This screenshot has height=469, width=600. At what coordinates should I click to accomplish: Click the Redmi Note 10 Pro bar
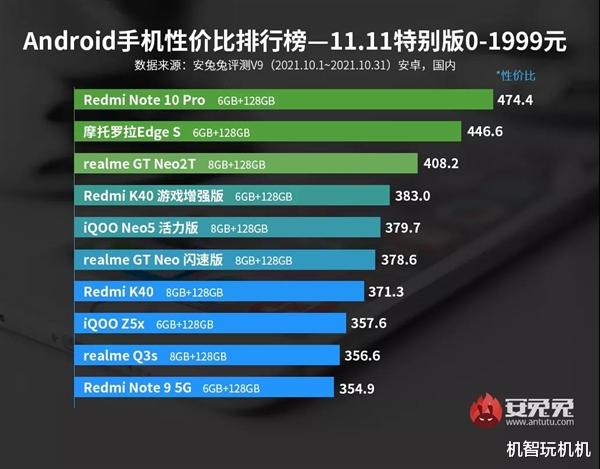[x=284, y=100]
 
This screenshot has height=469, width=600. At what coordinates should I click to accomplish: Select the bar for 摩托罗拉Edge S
[x=268, y=132]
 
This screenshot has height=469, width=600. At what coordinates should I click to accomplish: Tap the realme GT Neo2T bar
[x=246, y=164]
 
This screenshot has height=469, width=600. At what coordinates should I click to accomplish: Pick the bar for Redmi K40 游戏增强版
[x=234, y=196]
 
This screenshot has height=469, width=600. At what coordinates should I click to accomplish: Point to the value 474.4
[x=518, y=100]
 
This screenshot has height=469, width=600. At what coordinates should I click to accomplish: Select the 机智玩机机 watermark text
[x=548, y=449]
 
